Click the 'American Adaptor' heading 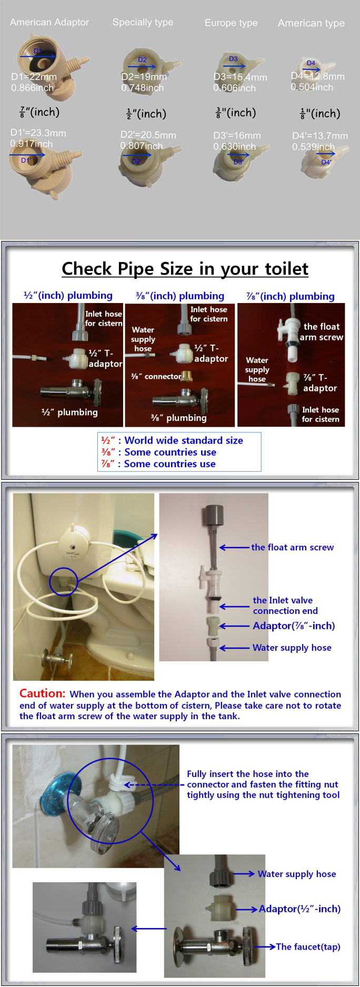tap(49, 22)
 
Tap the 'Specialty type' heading tap(143, 22)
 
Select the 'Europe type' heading tap(231, 23)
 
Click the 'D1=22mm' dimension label tap(34, 77)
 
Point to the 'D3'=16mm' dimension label tap(237, 135)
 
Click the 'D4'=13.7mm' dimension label tap(320, 136)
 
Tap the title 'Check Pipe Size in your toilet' tap(185, 269)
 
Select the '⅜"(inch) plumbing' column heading tap(179, 296)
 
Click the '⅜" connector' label tap(156, 376)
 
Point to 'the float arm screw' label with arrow tap(292, 547)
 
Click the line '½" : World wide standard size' tap(172, 440)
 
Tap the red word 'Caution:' tap(42, 693)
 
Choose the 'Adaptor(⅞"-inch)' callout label tap(294, 626)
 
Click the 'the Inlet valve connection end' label tap(285, 605)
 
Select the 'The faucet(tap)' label tap(308, 946)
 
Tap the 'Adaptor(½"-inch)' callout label tap(299, 909)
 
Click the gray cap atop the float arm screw tap(213, 513)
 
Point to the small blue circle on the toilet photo tap(64, 581)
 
